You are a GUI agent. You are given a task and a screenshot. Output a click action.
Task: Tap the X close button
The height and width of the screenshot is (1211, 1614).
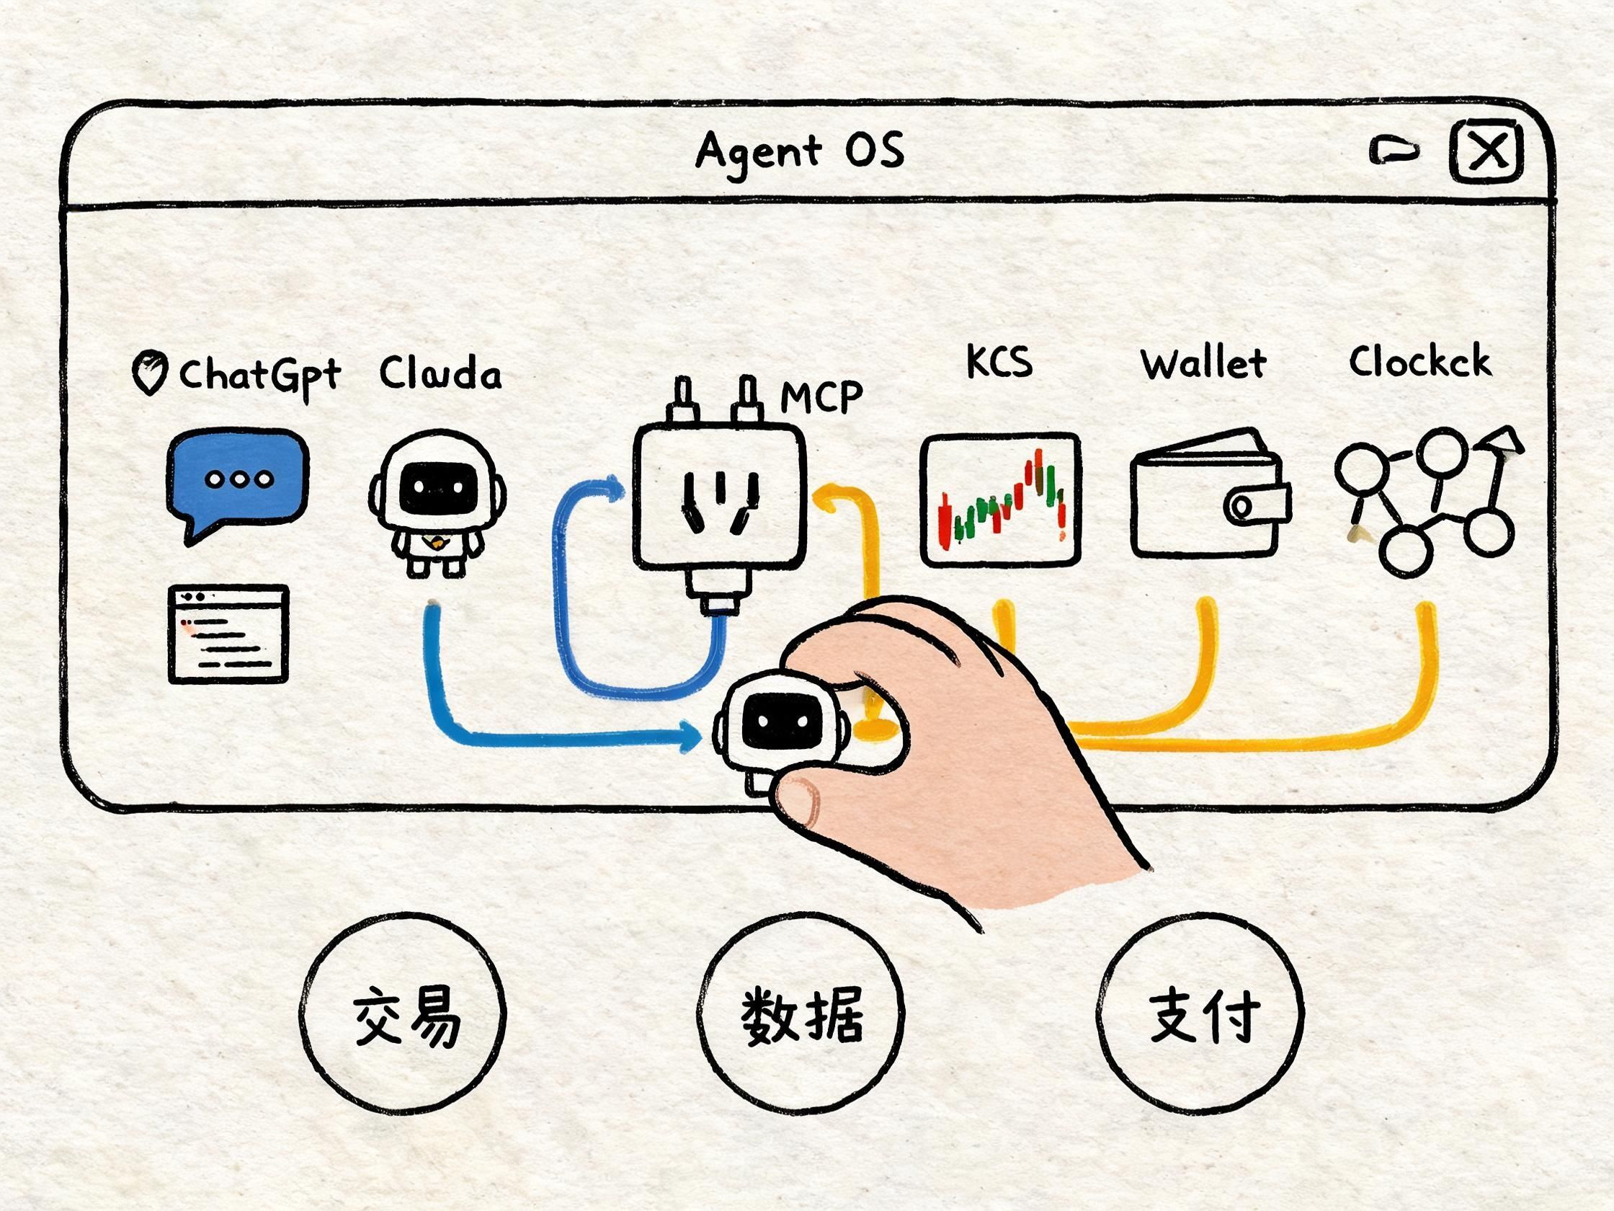click(1486, 153)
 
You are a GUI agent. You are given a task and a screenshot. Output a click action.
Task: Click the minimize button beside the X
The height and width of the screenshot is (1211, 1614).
click(1394, 151)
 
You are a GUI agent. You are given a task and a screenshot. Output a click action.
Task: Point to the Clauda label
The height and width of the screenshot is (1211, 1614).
click(440, 373)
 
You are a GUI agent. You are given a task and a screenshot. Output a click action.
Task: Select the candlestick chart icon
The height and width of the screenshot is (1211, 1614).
click(1000, 500)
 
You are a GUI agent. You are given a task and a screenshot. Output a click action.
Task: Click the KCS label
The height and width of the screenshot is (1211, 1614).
click(999, 361)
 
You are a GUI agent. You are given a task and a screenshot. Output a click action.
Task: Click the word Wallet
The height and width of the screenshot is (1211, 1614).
click(1203, 363)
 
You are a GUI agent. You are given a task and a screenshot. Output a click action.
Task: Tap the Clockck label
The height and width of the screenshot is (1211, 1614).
click(1419, 361)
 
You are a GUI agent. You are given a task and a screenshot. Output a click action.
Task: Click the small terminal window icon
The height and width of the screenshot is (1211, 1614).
click(228, 634)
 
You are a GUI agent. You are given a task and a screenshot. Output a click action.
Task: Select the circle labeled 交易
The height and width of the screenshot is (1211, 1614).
click(403, 1017)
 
